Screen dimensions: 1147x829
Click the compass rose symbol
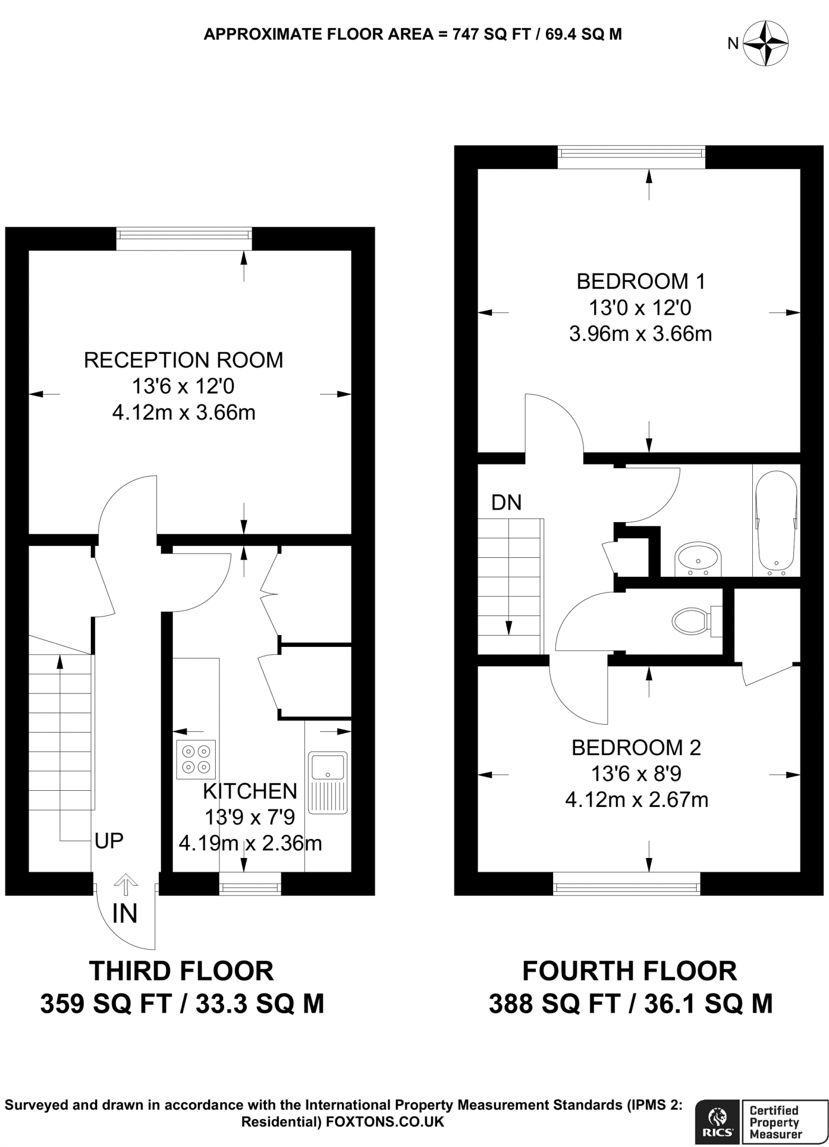766,43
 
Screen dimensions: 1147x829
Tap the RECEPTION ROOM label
183,360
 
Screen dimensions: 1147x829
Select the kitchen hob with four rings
196,759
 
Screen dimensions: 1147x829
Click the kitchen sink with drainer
328,782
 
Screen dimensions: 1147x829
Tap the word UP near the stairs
109,841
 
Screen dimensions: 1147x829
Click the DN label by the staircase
506,503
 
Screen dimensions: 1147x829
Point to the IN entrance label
124,914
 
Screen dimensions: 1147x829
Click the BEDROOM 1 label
641,281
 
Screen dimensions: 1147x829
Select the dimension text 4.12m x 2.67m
636,800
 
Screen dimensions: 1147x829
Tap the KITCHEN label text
250,791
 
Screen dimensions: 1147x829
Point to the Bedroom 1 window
631,156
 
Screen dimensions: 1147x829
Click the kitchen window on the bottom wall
249,887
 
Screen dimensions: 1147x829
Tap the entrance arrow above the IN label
126,884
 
